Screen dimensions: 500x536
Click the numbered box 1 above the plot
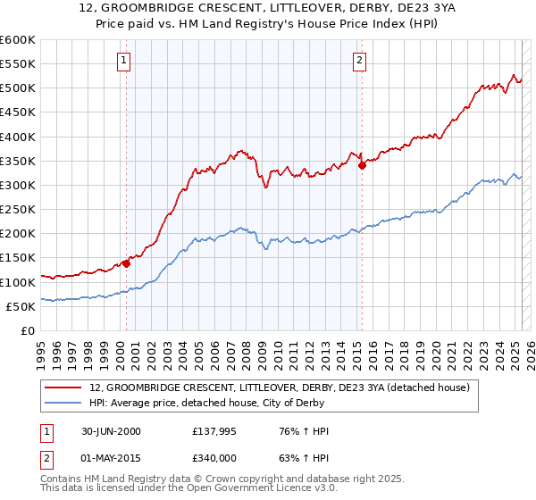coord(122,61)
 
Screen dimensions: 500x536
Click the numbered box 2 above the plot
coord(358,61)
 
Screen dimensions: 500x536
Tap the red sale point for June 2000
coord(127,263)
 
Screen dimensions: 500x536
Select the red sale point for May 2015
coord(363,165)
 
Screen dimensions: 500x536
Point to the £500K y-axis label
coord(18,88)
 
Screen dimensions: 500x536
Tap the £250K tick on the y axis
coord(18,209)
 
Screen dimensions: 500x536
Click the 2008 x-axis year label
coord(251,349)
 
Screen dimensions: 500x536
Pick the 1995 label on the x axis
coord(41,349)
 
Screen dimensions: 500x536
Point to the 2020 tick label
coord(440,349)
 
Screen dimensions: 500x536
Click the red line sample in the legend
coord(63,387)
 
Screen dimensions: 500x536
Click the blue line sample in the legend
coord(63,403)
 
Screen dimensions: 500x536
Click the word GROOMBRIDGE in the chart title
coord(155,7)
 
